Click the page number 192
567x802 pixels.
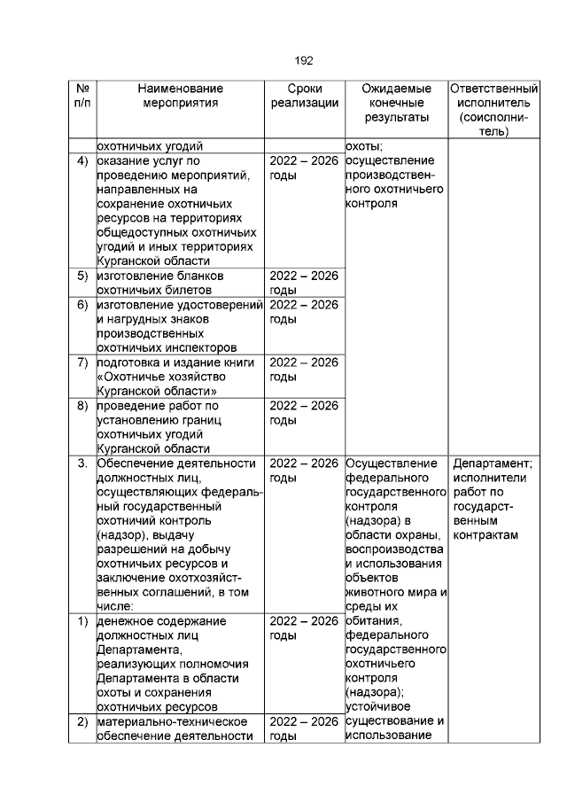[x=303, y=60]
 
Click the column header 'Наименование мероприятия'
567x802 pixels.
[x=181, y=96]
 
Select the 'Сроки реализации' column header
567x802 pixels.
[x=304, y=96]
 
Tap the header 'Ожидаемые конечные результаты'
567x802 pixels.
[x=396, y=103]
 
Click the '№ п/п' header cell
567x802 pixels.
[x=82, y=96]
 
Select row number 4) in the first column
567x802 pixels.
[x=82, y=161]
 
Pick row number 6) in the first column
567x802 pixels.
[x=82, y=305]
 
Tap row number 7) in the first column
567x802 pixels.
[x=82, y=362]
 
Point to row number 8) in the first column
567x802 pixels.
[x=82, y=405]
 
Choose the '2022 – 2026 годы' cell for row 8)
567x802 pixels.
[x=304, y=412]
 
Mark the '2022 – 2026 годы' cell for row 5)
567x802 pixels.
[x=304, y=283]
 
